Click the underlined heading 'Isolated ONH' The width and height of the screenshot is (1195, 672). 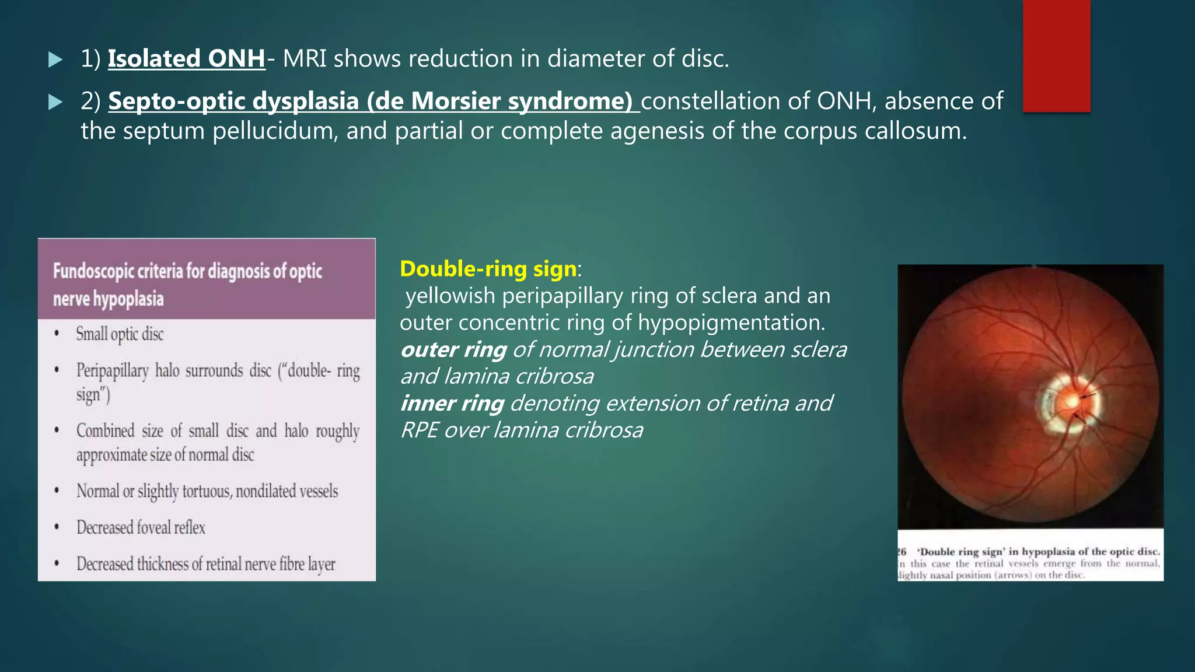(187, 59)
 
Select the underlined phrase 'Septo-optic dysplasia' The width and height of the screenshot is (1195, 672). (233, 101)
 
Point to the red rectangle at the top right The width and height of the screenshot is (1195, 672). (1056, 55)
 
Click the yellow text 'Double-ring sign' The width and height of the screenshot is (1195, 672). (488, 269)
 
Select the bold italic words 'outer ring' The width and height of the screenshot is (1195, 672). (453, 350)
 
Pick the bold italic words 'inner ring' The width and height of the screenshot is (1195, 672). (452, 404)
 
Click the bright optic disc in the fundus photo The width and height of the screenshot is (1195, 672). (1070, 401)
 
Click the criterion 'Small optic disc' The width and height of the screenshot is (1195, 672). (120, 334)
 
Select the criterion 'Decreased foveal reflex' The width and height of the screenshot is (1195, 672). (141, 528)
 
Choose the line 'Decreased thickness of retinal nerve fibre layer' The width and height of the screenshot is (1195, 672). (206, 564)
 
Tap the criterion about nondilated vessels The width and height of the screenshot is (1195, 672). (207, 492)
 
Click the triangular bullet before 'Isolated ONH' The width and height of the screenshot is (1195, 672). (55, 60)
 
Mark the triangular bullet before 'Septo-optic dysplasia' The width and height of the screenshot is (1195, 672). (55, 103)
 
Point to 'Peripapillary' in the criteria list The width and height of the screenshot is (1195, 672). (112, 371)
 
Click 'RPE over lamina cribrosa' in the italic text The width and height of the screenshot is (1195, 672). (522, 430)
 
